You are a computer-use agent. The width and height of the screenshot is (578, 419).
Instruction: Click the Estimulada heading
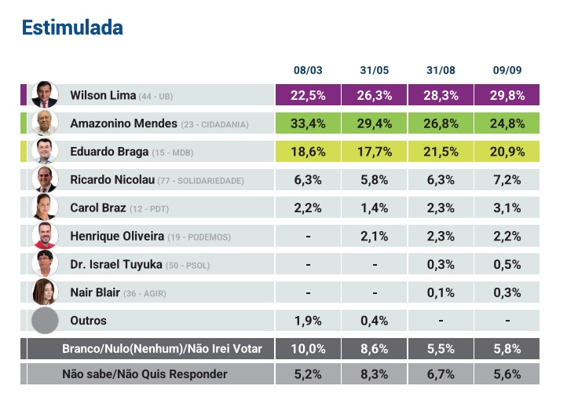tap(72, 28)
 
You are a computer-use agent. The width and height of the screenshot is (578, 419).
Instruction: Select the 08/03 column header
tap(309, 71)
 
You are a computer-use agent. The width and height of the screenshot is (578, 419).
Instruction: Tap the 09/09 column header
tap(507, 71)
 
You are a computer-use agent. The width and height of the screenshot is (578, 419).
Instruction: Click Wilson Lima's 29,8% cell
tap(507, 95)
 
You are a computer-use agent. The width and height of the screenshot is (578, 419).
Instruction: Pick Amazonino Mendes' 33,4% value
tap(309, 123)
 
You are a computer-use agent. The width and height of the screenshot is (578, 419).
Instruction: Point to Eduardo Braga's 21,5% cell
tap(441, 152)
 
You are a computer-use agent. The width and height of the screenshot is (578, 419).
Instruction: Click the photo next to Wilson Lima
tap(45, 95)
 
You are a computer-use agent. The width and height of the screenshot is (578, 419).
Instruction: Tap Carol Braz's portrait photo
tap(45, 208)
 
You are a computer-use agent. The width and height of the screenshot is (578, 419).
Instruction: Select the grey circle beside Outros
tap(45, 321)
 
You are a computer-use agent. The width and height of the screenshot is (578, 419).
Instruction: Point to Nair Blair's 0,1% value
tap(441, 292)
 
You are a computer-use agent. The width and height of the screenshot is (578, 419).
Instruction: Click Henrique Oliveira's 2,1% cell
tap(375, 237)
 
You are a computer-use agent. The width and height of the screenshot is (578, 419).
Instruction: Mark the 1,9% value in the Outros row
tap(309, 321)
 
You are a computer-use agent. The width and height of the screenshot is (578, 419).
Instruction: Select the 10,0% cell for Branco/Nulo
tap(309, 349)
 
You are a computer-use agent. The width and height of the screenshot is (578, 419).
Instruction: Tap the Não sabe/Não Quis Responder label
tap(144, 374)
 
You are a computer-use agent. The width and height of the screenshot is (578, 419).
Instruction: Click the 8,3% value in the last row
tap(375, 374)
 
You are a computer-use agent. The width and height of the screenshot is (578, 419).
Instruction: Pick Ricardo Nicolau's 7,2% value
tap(507, 180)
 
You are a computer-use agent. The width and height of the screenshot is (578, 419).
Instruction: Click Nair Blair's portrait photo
tap(45, 292)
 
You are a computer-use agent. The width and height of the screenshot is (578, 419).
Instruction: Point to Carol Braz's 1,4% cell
tap(375, 208)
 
